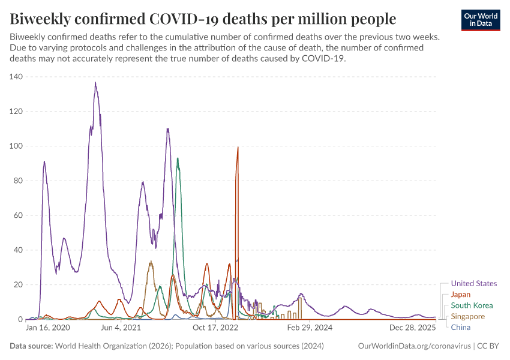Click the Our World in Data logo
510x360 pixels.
481,20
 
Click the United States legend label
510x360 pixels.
473,284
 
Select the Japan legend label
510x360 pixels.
461,295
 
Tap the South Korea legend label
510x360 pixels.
472,305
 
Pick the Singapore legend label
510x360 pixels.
468,316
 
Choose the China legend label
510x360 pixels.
461,327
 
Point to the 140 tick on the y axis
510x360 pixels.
16,77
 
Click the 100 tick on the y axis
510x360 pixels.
16,146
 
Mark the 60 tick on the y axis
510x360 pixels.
17,215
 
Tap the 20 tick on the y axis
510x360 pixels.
17,285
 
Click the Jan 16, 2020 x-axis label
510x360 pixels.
48,328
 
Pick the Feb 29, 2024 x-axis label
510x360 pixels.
310,328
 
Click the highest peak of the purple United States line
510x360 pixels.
95,83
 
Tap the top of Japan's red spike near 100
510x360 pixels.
238,147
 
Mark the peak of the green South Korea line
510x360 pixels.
178,158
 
